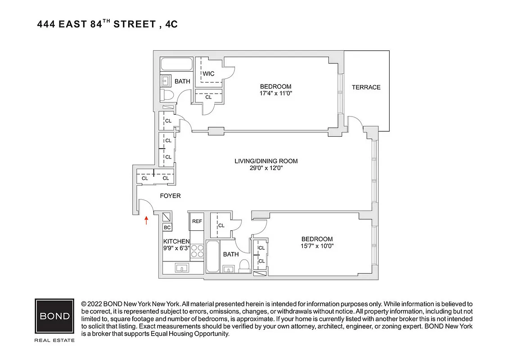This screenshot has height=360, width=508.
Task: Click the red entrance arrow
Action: (x=146, y=220)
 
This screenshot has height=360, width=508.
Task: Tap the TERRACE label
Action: (x=366, y=87)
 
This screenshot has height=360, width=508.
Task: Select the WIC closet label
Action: (x=208, y=74)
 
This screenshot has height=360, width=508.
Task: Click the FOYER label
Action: (x=171, y=196)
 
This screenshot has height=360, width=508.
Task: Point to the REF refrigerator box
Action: (x=197, y=221)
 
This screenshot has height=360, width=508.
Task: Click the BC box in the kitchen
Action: (x=167, y=228)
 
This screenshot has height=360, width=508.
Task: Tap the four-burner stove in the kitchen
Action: (x=197, y=251)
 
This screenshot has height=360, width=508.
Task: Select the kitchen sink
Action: (x=182, y=268)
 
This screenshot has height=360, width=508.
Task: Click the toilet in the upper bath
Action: (x=167, y=95)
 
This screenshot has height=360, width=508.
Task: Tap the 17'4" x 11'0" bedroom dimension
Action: (x=275, y=94)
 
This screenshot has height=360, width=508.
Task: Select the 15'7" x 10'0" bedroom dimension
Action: (x=317, y=246)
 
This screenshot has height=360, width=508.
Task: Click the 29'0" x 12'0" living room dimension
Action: (x=265, y=168)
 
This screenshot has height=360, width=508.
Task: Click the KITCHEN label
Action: (x=176, y=242)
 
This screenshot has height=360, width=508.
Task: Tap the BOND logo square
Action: (x=54, y=315)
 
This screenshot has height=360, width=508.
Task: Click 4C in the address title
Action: (x=171, y=24)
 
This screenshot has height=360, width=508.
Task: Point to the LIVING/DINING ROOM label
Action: (x=266, y=161)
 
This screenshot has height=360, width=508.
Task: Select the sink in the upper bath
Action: (x=165, y=81)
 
